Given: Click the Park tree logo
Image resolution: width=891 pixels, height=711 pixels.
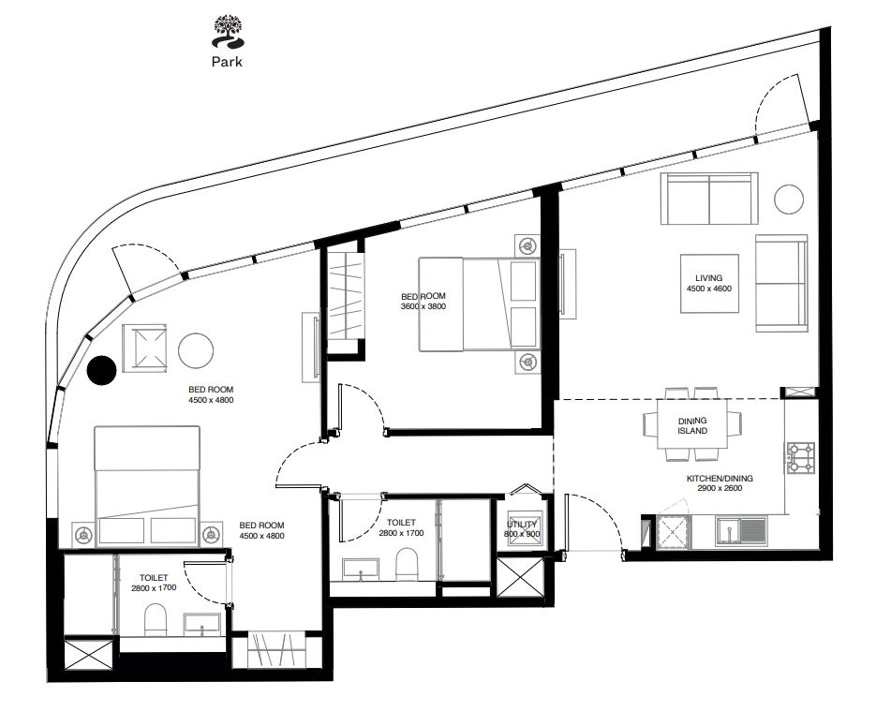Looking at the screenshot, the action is tap(228, 33).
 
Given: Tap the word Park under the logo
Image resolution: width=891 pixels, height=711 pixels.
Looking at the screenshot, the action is tap(228, 62).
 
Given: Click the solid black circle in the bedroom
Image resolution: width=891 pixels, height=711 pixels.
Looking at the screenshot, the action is tap(102, 370).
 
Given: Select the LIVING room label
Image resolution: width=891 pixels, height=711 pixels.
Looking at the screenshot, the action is tap(709, 278).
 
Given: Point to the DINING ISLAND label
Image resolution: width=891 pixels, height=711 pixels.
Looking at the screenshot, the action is tap(692, 425).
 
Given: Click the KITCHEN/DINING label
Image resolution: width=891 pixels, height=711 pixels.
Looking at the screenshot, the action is tap(720, 478).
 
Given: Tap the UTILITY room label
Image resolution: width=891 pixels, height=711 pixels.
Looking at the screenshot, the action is tap(522, 524).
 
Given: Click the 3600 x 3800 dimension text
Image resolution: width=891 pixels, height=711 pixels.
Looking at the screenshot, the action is tap(423, 306).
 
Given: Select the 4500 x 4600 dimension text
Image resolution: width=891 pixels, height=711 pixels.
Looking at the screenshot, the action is tap(709, 289).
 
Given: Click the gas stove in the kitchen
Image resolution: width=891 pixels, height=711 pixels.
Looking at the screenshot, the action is tap(801, 459).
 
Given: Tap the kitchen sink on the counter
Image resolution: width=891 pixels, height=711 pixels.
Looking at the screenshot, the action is tap(741, 532).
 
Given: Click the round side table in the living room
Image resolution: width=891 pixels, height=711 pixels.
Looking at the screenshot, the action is tap(789, 199).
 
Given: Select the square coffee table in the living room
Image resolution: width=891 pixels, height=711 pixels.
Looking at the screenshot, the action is tap(710, 283).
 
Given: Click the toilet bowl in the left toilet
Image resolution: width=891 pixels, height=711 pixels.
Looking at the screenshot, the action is tap(156, 619).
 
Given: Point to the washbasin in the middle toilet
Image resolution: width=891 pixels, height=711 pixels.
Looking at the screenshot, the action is tap(361, 570).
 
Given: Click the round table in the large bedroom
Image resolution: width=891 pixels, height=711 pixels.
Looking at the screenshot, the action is tap(196, 350).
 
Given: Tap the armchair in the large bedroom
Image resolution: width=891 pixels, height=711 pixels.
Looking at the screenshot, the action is tap(145, 349).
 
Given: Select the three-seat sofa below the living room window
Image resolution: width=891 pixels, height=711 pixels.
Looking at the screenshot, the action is tap(709, 199).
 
